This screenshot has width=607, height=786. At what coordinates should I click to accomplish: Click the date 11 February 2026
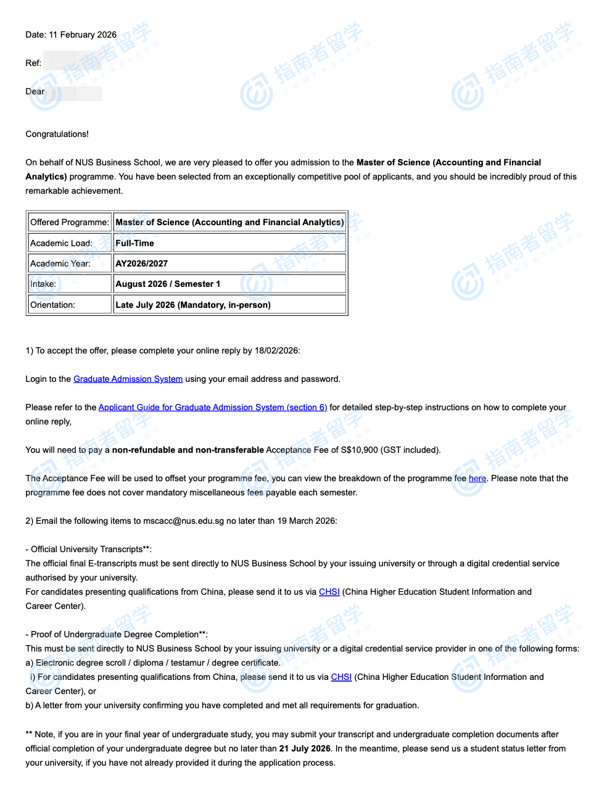(83, 35)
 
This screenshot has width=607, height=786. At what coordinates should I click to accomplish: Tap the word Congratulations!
(57, 134)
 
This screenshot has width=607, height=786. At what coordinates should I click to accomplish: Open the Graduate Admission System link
(128, 379)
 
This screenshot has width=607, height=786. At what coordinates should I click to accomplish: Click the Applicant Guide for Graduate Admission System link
(213, 407)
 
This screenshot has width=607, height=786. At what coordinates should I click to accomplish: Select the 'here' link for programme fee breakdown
(477, 478)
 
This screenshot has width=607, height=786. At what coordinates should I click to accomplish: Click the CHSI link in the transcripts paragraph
(329, 592)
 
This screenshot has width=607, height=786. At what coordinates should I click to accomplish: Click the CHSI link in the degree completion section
(341, 677)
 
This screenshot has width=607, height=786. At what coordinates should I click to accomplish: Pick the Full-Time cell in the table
(135, 243)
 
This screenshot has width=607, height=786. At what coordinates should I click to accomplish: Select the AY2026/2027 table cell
(142, 263)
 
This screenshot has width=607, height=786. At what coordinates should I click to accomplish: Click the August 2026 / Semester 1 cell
(168, 284)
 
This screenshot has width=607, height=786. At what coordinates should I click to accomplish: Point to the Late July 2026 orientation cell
(193, 305)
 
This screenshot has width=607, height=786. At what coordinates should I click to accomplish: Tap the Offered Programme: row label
(70, 222)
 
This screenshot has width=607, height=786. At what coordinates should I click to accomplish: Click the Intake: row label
(43, 284)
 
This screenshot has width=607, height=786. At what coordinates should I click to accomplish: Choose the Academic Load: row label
(61, 243)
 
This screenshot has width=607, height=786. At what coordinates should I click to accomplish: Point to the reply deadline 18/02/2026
(276, 350)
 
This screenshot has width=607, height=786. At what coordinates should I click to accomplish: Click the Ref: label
(33, 63)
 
